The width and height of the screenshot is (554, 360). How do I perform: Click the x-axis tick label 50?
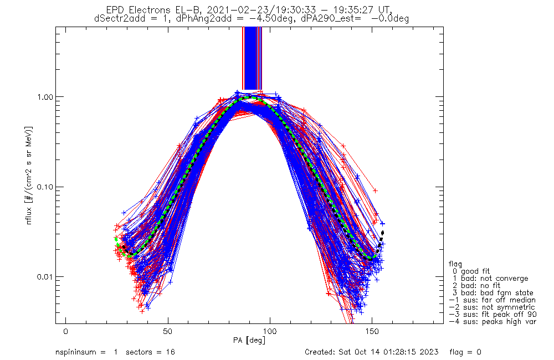(168, 331)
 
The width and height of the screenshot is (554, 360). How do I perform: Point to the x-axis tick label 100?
(270, 331)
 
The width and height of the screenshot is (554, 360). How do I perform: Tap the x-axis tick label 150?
(372, 331)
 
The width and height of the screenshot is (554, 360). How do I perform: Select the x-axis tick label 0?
(66, 331)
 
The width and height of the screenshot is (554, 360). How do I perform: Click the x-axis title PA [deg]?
(249, 341)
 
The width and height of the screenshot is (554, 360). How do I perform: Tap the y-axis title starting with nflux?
(29, 175)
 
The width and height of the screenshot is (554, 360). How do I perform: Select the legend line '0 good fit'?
(471, 271)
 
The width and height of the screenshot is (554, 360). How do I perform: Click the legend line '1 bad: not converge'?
(490, 279)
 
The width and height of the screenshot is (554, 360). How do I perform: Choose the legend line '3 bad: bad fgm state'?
(493, 293)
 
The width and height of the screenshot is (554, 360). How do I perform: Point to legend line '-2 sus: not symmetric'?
(492, 307)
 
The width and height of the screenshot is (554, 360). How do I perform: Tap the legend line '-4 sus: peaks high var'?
(493, 322)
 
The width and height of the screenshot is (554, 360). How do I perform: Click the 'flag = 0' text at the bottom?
(465, 352)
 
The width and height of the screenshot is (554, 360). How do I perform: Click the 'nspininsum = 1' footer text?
(86, 352)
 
